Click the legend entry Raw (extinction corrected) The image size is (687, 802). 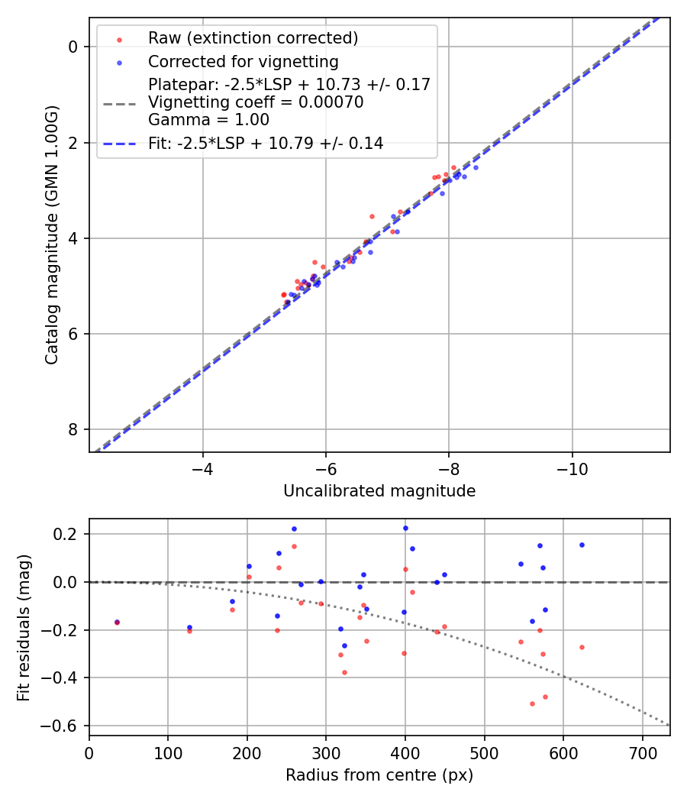253,38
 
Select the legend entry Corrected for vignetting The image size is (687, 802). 243,61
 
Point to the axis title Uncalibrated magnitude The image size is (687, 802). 379,491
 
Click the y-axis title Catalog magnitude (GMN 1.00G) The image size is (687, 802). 51,235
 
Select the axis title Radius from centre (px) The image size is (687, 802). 379,775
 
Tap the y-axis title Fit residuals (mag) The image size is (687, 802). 24,627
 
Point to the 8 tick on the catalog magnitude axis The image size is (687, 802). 73,429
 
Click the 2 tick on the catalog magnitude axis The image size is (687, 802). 73,143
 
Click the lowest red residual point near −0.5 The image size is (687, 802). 532,703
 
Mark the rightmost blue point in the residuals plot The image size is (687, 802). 582,545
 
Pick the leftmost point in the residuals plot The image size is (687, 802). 117,622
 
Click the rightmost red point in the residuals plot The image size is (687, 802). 582,647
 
